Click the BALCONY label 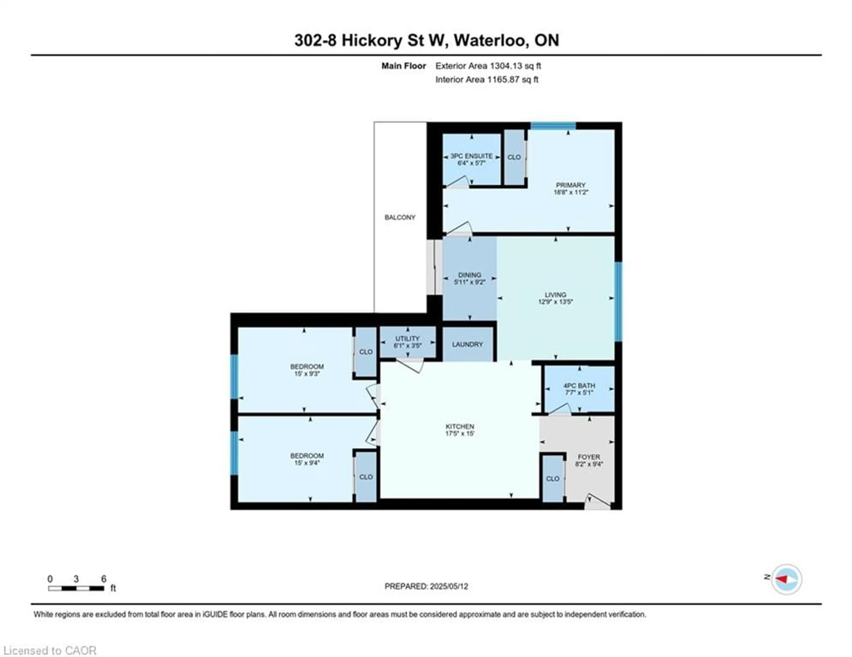400,217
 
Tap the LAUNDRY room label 467,344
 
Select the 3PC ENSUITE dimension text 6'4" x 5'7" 471,163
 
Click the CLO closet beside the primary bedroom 514,157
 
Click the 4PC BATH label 579,385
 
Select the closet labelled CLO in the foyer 552,479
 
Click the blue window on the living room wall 618,301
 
